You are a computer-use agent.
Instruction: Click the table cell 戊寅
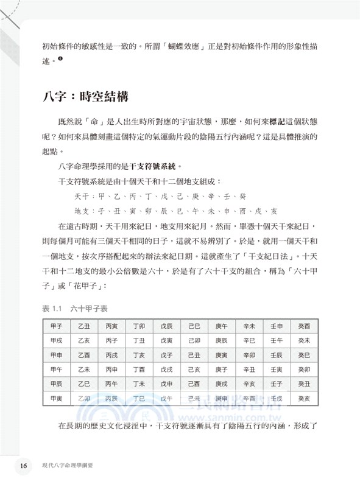point(167,341)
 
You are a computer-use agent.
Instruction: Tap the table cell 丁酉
point(139,370)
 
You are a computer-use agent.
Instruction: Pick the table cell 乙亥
point(85,341)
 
